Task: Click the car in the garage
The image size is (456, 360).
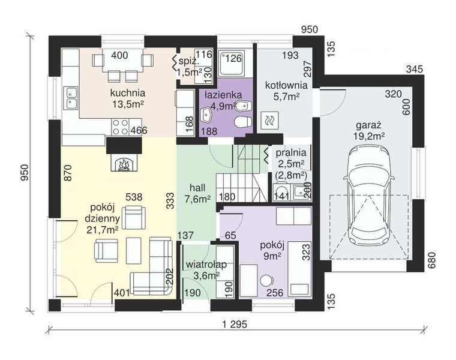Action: coord(369,196)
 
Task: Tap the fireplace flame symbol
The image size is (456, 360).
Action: coord(124,164)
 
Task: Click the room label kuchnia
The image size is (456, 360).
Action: coord(128,93)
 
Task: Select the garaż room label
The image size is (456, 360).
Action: coord(369,125)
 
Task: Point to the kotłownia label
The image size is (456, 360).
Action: coord(286,85)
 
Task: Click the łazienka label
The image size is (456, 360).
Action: coord(223,95)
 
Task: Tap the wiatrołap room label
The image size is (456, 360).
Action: coord(206,265)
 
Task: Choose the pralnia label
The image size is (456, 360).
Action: coord(291,152)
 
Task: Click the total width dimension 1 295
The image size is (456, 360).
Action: coord(235,324)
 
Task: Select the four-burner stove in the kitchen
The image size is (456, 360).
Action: coord(121,127)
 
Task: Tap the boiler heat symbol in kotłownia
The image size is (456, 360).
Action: coord(270,121)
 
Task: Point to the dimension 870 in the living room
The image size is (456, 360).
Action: coord(67,173)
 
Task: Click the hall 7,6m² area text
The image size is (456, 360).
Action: coord(197,193)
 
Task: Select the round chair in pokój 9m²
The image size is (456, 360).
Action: coord(266,281)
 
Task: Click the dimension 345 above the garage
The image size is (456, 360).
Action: coord(415,69)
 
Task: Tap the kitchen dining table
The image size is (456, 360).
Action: coord(122,60)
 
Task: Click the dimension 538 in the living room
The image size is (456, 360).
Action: coord(134,197)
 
